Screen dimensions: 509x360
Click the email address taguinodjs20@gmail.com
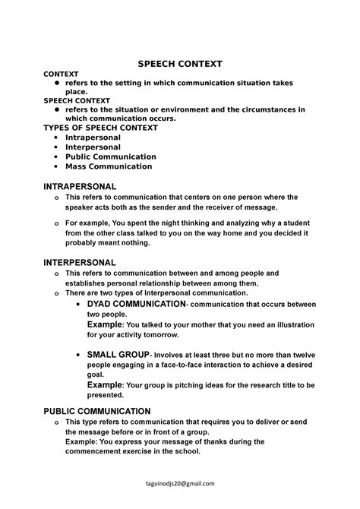tap(179, 483)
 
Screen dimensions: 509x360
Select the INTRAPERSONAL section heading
tap(81, 186)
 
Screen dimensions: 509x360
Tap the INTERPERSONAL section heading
tap(80, 262)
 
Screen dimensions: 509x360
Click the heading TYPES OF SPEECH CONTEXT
tap(100, 128)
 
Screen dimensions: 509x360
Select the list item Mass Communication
tap(109, 166)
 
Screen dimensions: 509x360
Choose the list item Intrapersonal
tap(93, 138)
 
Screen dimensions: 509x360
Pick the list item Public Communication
tap(110, 156)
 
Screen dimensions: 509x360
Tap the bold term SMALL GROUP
tap(118, 355)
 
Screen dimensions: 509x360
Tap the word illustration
tap(295, 324)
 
